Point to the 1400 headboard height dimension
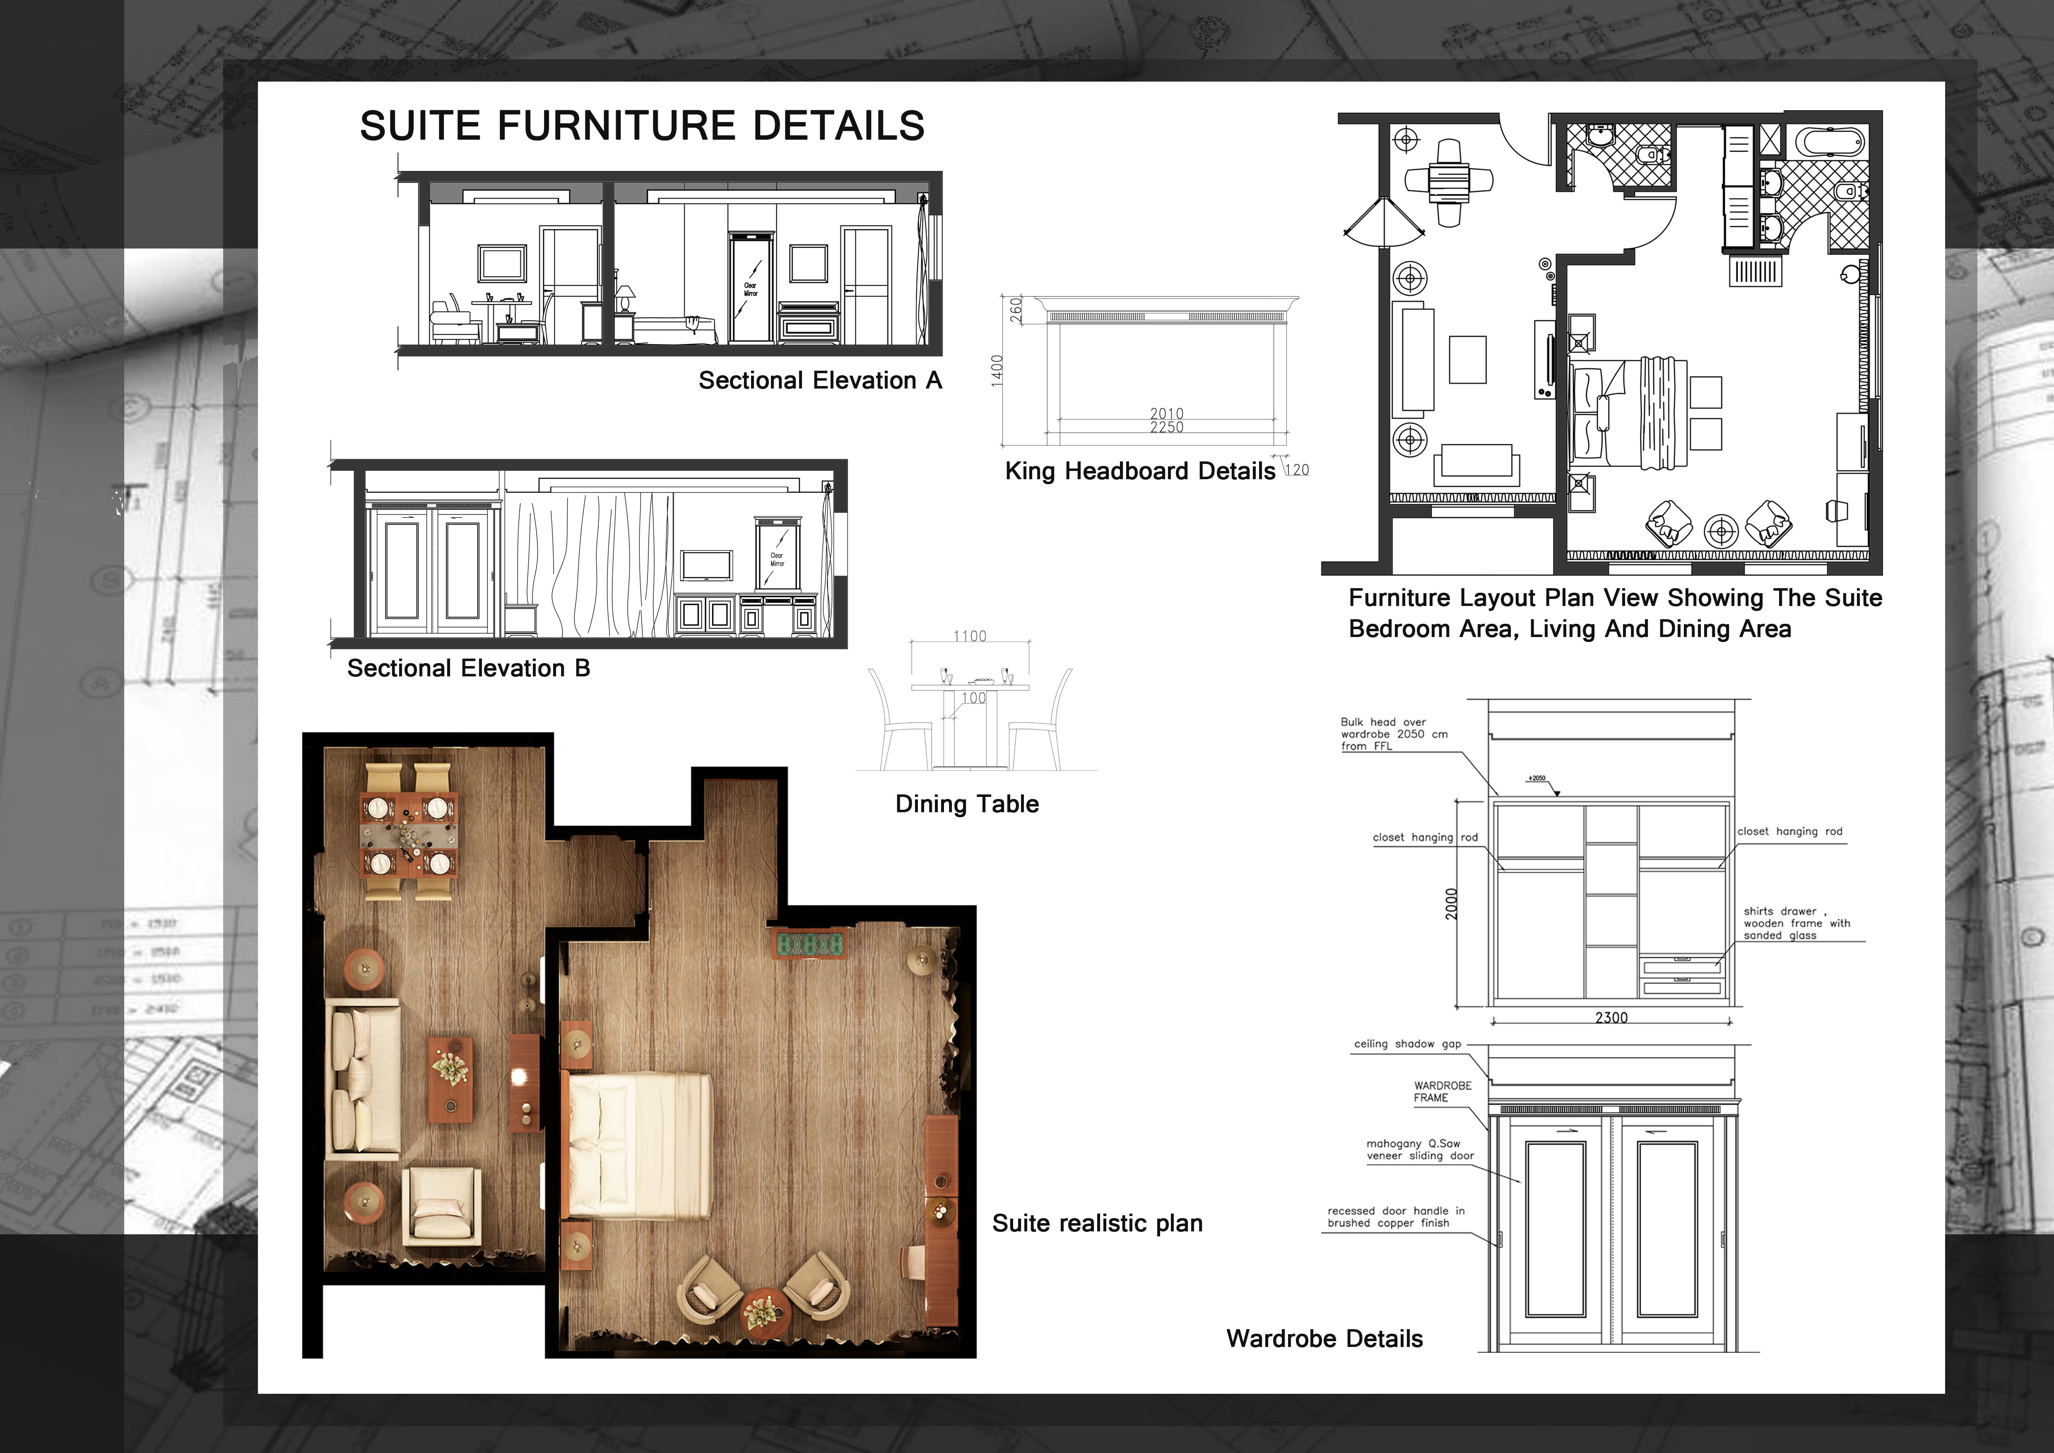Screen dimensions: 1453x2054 [997, 371]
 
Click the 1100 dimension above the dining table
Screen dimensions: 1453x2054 [970, 636]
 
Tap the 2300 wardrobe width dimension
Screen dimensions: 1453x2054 [1611, 1017]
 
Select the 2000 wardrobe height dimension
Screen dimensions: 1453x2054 [1451, 904]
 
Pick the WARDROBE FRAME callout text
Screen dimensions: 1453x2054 [1442, 1091]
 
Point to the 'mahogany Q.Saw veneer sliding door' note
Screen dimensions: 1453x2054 [1420, 1150]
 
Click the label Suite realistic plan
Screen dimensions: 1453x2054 [1097, 1223]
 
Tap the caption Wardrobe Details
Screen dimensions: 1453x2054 [1324, 1339]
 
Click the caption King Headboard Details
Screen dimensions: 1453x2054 [1140, 471]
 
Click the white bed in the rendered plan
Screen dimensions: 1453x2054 [640, 1145]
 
